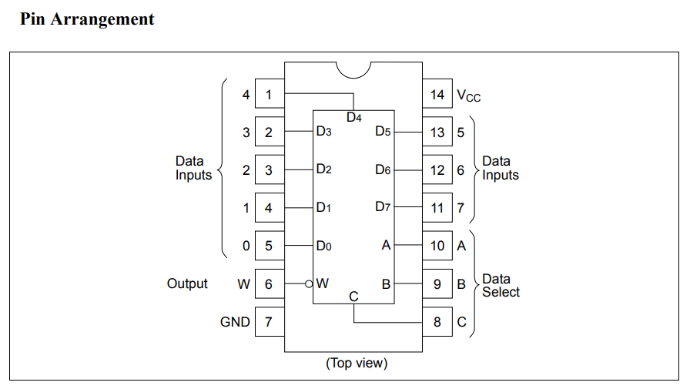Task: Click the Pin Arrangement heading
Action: tap(87, 19)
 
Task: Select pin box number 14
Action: tap(437, 95)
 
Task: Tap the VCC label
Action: tap(469, 96)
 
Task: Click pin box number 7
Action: tap(269, 322)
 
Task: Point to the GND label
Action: tap(235, 322)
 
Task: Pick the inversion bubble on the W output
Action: tap(309, 284)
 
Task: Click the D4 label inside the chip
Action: tap(354, 118)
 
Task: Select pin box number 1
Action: tap(269, 95)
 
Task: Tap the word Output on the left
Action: tap(187, 283)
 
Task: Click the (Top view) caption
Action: tap(357, 362)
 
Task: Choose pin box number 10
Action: tap(437, 246)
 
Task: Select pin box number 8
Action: tap(437, 322)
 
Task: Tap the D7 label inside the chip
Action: tap(384, 207)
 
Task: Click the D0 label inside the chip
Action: tap(323, 246)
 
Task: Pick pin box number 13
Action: tap(437, 132)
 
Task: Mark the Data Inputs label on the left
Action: tap(193, 168)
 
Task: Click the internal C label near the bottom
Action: tap(353, 297)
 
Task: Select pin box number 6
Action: tap(269, 284)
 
